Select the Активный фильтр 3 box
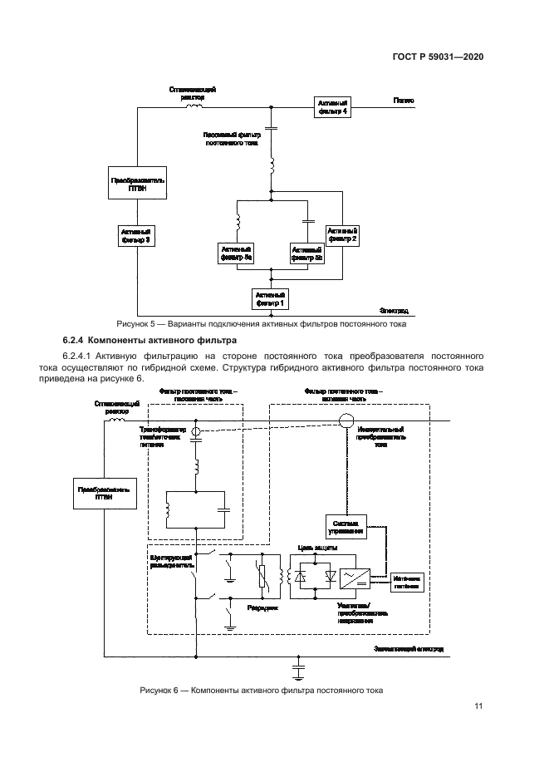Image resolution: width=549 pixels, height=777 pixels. coord(135,235)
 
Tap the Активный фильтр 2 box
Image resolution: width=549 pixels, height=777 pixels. coord(342,234)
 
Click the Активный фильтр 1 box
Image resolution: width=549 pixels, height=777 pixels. coord(271,298)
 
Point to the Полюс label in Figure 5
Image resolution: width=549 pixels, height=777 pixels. coord(404,100)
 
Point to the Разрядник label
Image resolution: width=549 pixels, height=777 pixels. coord(261,607)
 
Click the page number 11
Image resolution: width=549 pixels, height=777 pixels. coord(478,706)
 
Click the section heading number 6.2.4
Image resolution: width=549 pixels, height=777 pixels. coord(73,341)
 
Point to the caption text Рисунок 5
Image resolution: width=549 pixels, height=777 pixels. coord(135,323)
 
